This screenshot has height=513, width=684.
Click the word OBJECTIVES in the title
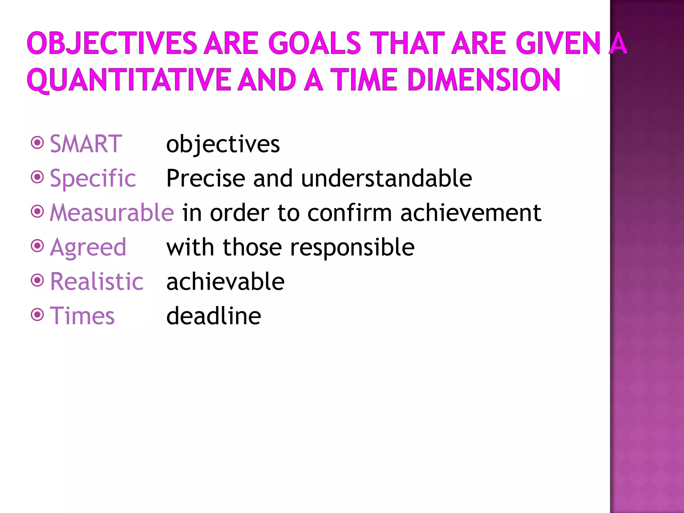[x=112, y=43]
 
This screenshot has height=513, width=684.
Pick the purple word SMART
[x=86, y=144]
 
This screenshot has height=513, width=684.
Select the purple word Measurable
[x=112, y=213]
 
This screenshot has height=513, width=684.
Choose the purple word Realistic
[x=97, y=282]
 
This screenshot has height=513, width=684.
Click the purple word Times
[x=82, y=316]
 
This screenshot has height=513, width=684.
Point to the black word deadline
[x=214, y=316]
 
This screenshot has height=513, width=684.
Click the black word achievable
[x=225, y=282]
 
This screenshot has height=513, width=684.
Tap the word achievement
[x=471, y=213]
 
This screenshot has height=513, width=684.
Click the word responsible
[x=352, y=247]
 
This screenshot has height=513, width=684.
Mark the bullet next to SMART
[x=37, y=143]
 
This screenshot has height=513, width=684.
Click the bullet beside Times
[x=37, y=315]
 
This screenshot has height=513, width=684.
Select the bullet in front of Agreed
[x=37, y=246]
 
